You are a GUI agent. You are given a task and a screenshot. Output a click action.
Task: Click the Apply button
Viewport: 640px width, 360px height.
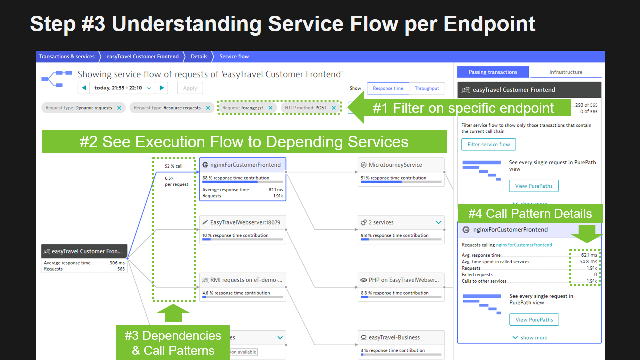pyautogui.click(x=190, y=88)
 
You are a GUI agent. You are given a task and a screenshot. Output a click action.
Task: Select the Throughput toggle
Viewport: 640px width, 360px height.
pyautogui.click(x=427, y=88)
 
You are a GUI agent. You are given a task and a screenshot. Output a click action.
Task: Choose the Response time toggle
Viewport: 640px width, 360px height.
pyautogui.click(x=388, y=88)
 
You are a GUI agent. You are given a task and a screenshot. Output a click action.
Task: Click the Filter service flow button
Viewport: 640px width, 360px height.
pyautogui.click(x=488, y=145)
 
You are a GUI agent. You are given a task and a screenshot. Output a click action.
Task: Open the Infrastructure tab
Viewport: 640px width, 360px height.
pyautogui.click(x=566, y=72)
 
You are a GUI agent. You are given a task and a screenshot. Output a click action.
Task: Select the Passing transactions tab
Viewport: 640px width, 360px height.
pyautogui.click(x=493, y=72)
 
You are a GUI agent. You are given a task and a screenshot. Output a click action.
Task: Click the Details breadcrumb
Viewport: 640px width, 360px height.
pyautogui.click(x=199, y=57)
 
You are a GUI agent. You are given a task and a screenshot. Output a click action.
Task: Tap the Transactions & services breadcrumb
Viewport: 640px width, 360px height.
pyautogui.click(x=67, y=57)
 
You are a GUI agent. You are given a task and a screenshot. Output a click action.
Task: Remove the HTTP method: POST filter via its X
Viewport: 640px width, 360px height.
pyautogui.click(x=334, y=108)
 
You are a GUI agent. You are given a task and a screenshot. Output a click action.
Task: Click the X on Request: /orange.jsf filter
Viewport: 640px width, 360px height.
pyautogui.click(x=270, y=108)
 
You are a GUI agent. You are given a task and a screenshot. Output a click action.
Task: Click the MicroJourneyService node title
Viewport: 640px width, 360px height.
pyautogui.click(x=395, y=165)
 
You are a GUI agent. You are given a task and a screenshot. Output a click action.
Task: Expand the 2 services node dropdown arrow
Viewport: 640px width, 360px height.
pyautogui.click(x=438, y=223)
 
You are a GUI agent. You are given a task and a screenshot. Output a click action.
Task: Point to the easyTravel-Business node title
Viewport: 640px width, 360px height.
pyautogui.click(x=394, y=337)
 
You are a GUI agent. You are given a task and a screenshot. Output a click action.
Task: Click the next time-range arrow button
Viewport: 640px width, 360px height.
pyautogui.click(x=161, y=88)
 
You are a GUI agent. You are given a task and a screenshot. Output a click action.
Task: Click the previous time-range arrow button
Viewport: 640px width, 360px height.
pyautogui.click(x=84, y=88)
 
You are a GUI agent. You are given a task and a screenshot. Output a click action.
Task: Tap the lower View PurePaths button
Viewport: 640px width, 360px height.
pyautogui.click(x=534, y=320)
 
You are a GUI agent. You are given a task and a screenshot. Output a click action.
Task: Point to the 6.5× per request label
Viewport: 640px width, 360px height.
pyautogui.click(x=177, y=181)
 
